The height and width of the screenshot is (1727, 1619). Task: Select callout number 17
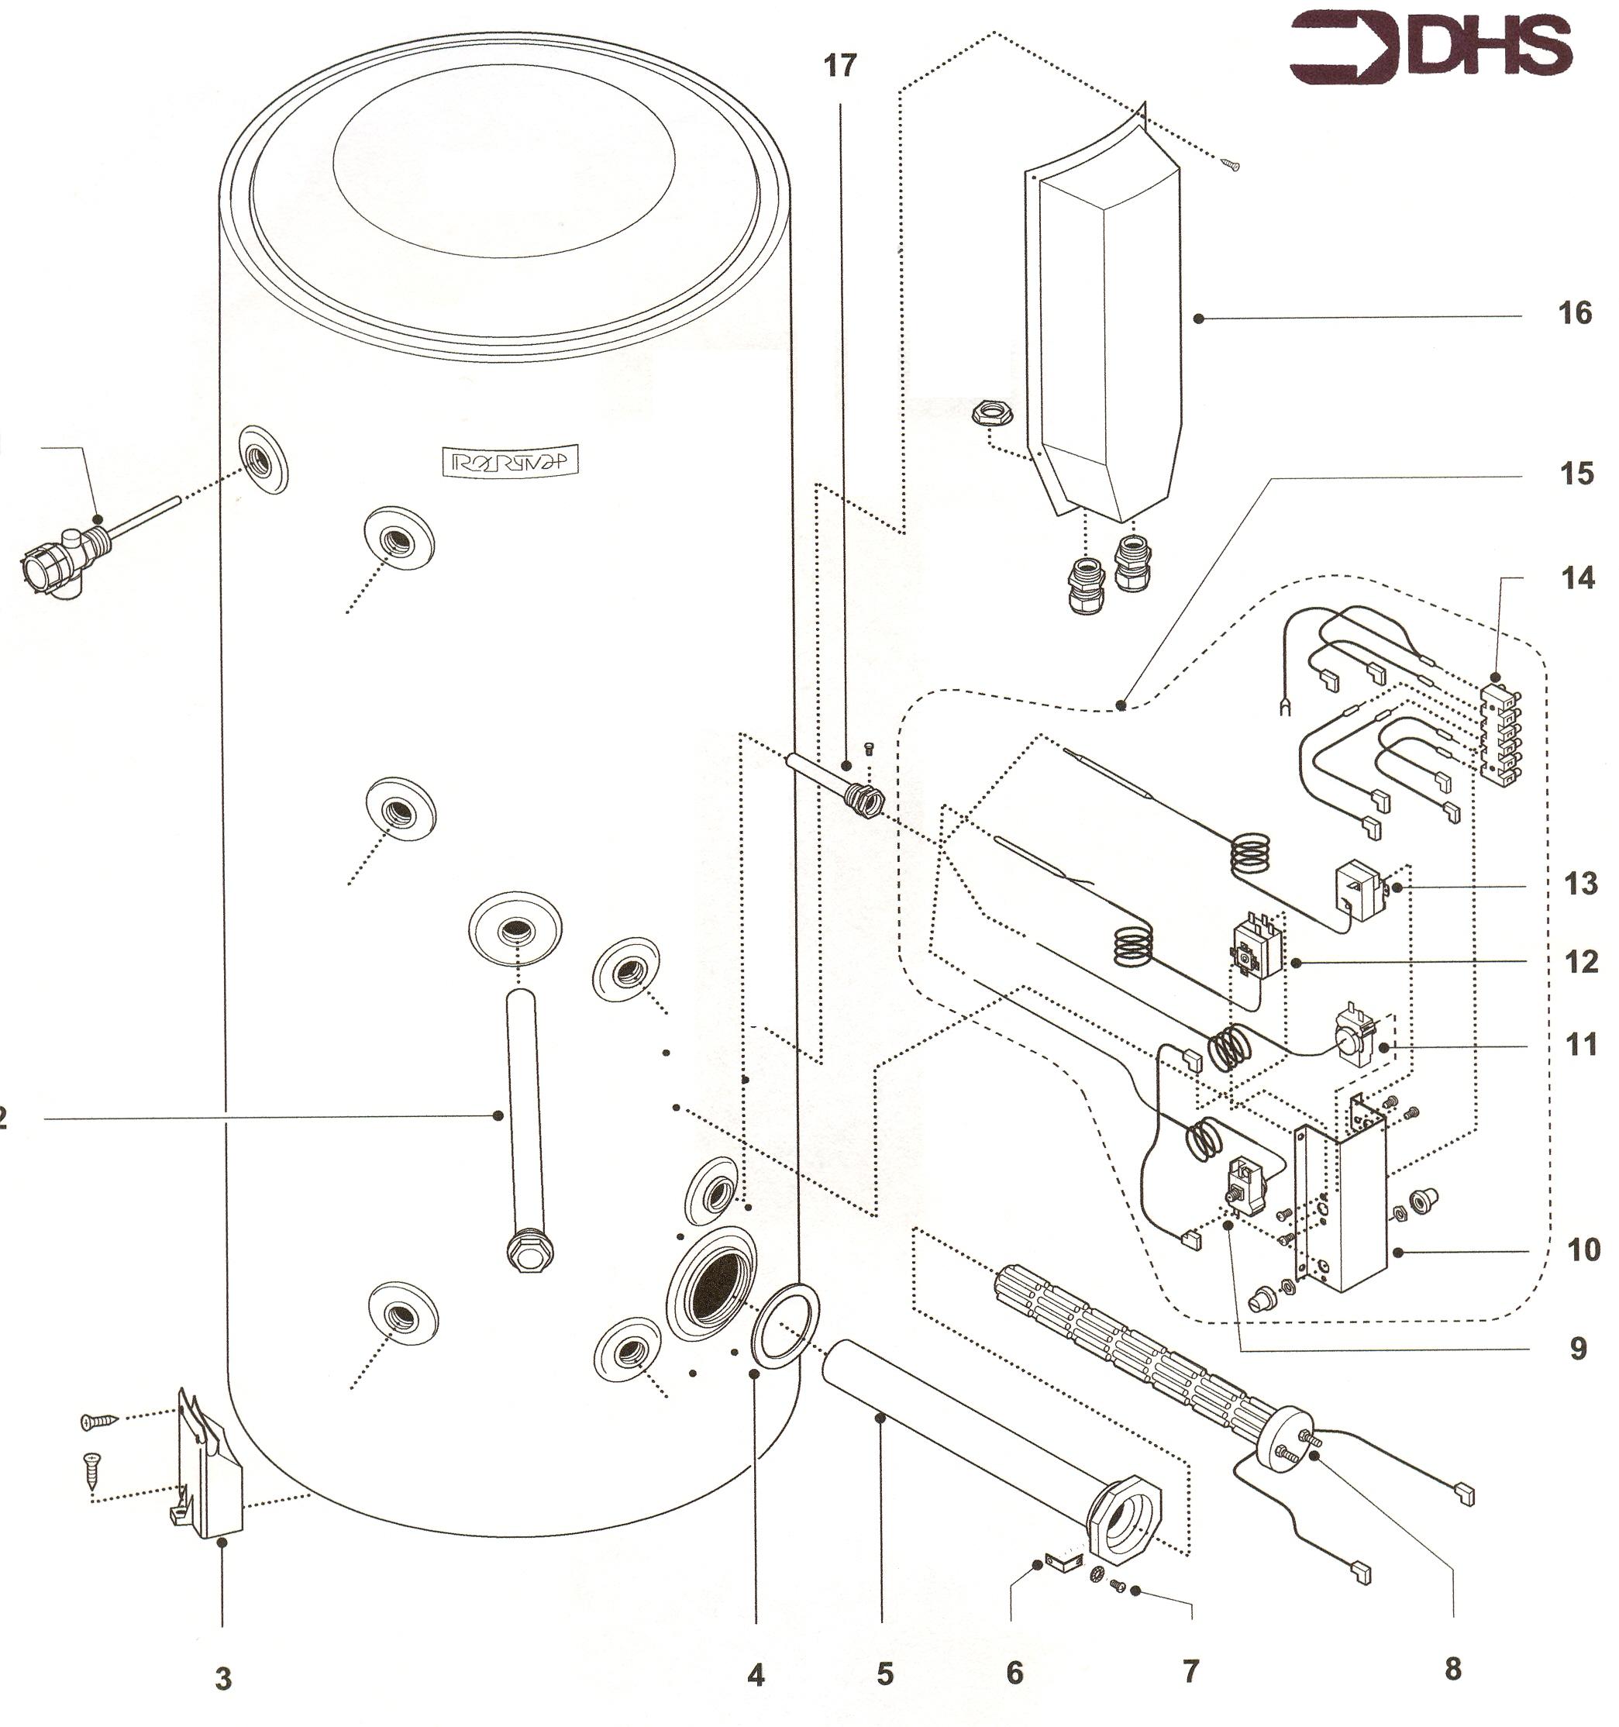click(x=839, y=65)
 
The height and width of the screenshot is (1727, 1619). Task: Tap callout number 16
click(x=1574, y=312)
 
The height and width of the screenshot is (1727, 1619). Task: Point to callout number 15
click(x=1574, y=474)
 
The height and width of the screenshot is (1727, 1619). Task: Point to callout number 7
click(x=1190, y=1670)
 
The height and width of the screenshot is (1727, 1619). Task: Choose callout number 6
click(x=1014, y=1671)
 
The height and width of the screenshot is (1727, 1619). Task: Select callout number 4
click(x=756, y=1675)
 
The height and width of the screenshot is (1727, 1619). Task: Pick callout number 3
click(x=223, y=1678)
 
